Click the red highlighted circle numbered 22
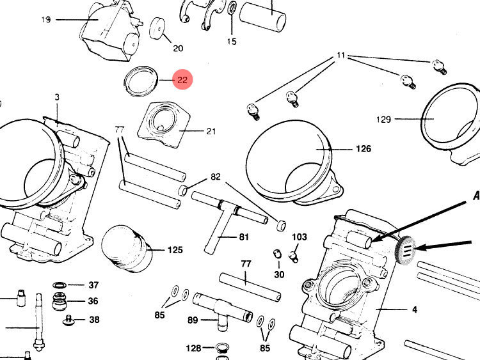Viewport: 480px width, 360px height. [x=182, y=80]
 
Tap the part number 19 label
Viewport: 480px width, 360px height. [x=46, y=20]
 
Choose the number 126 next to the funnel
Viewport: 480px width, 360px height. [x=363, y=149]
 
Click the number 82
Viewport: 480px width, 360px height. [x=215, y=176]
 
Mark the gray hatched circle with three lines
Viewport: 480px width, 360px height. [x=406, y=249]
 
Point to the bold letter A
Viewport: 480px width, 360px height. [x=476, y=196]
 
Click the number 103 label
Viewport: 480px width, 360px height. [x=300, y=237]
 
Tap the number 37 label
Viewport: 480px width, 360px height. [x=93, y=285]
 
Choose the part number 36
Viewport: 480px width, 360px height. [x=93, y=301]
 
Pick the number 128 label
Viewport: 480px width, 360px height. [x=193, y=348]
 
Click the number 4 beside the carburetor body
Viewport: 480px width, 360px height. [x=414, y=309]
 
